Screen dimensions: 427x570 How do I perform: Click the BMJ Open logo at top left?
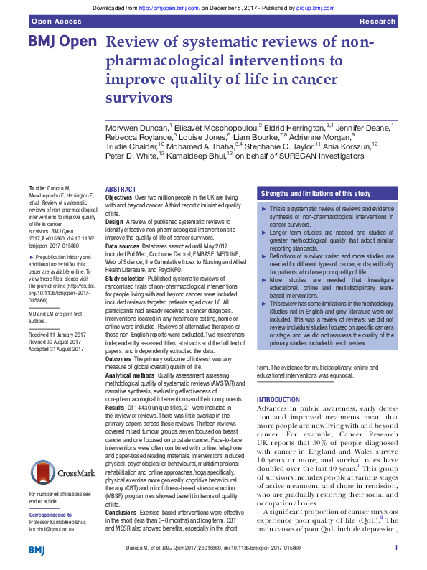[62, 42]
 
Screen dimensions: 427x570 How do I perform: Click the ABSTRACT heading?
[121, 188]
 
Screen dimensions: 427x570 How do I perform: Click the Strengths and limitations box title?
[316, 193]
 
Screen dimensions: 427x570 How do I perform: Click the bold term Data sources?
[124, 245]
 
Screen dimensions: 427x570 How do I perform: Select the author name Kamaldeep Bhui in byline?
[193, 155]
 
